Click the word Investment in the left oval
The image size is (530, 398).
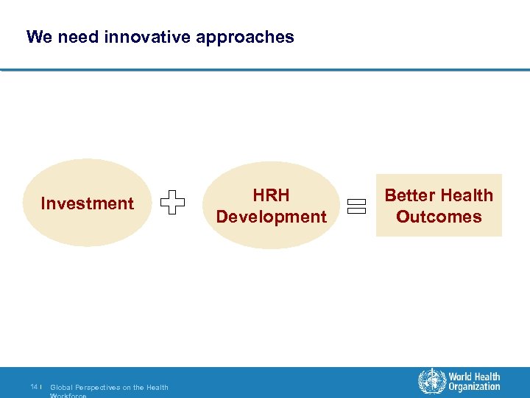(x=87, y=203)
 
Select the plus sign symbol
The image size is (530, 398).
(x=172, y=203)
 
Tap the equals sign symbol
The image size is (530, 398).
(x=357, y=206)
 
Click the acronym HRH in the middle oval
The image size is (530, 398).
(x=271, y=195)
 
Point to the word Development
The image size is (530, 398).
(x=271, y=217)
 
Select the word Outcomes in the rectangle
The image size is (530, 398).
(x=439, y=217)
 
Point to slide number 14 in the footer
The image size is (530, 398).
(x=34, y=387)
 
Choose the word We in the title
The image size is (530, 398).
(x=37, y=37)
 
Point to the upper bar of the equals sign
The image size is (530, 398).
(x=357, y=202)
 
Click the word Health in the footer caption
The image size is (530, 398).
(x=158, y=387)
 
